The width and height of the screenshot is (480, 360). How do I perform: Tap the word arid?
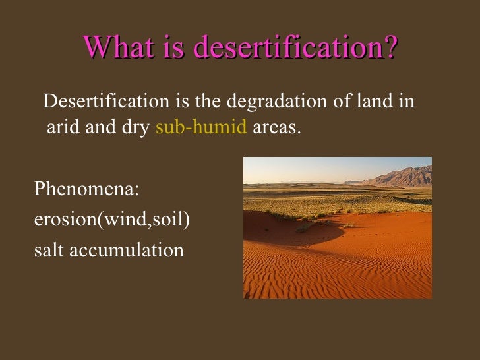(x=63, y=127)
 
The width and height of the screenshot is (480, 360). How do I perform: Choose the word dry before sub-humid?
(x=135, y=127)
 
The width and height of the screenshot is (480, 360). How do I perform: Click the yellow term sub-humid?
(x=201, y=127)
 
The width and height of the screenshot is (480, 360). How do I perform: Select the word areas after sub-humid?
(x=276, y=127)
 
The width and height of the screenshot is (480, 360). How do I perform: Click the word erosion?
(x=65, y=220)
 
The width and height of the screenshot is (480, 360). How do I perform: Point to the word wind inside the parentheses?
(x=125, y=220)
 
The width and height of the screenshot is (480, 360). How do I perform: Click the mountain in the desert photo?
(x=402, y=176)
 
